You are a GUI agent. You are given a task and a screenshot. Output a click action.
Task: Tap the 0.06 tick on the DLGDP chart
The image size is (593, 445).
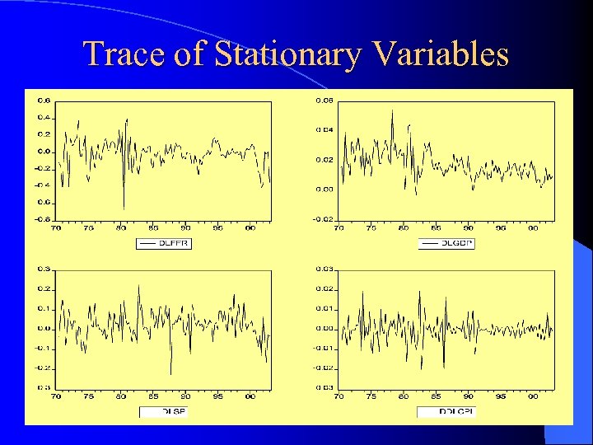coord(326,101)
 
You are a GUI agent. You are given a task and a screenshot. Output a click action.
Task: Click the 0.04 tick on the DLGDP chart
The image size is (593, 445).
coord(326,130)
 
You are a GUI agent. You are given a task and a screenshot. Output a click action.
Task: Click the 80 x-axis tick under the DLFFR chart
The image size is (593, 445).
coord(121,228)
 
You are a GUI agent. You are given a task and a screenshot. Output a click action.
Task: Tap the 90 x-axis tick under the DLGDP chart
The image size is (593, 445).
coord(468,228)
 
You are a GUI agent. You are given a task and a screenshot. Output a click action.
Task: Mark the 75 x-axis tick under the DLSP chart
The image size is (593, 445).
coord(89,396)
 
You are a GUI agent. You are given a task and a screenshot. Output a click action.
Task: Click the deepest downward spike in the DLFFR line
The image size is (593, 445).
coord(124,208)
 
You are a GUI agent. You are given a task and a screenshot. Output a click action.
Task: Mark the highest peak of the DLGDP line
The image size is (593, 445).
coord(392,110)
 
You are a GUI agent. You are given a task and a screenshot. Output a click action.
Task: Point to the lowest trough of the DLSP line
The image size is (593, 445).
coord(171,374)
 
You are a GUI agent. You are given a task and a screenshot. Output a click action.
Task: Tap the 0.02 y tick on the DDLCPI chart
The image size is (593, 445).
coord(326,288)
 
